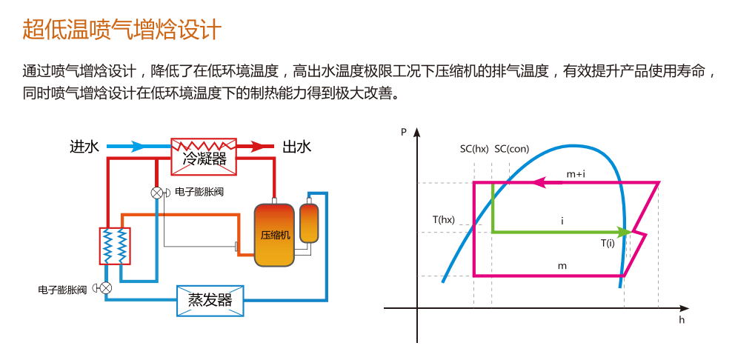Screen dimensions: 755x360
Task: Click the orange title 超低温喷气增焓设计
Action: point(122,30)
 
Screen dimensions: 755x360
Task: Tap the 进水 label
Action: point(84,146)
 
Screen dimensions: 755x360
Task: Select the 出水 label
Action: point(296,146)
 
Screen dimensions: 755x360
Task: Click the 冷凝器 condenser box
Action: point(204,156)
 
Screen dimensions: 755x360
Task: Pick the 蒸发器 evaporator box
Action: point(210,301)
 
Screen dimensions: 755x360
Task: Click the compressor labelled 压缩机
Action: point(274,235)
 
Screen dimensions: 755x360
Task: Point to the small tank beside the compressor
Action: point(309,223)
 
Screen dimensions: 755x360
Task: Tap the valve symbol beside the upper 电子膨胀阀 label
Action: point(157,193)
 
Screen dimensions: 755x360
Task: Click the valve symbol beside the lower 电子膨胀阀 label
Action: point(106,288)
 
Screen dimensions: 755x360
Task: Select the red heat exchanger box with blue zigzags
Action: point(116,245)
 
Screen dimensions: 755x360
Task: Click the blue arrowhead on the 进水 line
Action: point(136,146)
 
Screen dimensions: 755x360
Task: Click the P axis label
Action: point(404,131)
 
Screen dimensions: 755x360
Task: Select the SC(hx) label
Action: point(474,149)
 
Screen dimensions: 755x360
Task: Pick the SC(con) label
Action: point(512,149)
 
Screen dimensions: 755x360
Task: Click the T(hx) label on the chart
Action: point(444,220)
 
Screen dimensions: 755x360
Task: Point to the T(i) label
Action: point(608,244)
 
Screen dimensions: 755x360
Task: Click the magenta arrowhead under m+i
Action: point(539,182)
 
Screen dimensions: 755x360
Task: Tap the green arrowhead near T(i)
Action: point(624,232)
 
